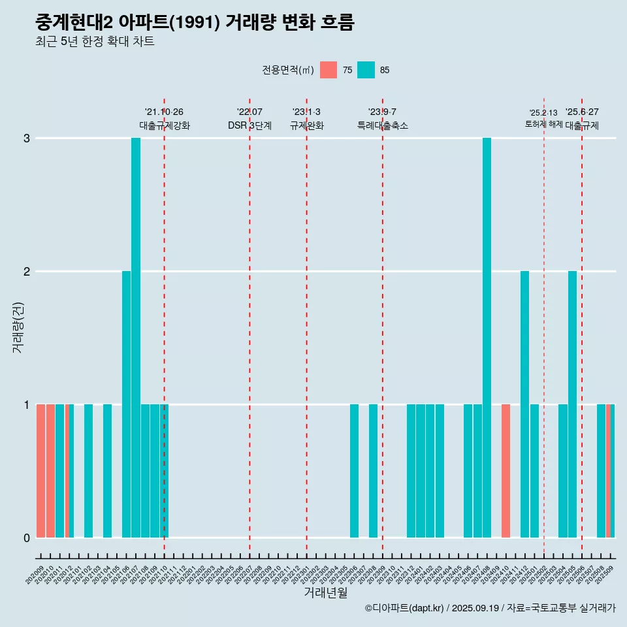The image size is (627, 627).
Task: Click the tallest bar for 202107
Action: (x=136, y=338)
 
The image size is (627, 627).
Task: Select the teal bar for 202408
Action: (x=487, y=338)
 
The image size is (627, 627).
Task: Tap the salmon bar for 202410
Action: (x=506, y=471)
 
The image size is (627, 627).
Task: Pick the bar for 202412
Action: (x=524, y=404)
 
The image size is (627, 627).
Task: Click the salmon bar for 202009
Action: (x=40, y=471)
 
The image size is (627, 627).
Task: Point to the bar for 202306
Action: (x=354, y=471)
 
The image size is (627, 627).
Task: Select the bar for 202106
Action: (x=126, y=404)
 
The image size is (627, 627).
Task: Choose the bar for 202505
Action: (x=572, y=404)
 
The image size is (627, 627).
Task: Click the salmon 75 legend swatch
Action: (x=329, y=70)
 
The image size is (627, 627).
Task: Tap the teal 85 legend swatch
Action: (x=366, y=70)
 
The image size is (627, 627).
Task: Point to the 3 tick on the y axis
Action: (x=27, y=138)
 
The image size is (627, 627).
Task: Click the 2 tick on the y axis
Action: (x=27, y=272)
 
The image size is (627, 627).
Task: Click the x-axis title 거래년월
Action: (x=325, y=592)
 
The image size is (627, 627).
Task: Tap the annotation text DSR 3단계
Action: (x=249, y=125)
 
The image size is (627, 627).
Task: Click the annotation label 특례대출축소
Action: (x=383, y=125)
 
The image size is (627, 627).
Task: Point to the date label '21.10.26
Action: (x=164, y=112)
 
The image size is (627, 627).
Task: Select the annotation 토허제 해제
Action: (x=543, y=124)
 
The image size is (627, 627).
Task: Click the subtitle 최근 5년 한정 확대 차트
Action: (x=95, y=42)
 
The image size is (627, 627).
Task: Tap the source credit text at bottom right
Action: (x=490, y=608)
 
